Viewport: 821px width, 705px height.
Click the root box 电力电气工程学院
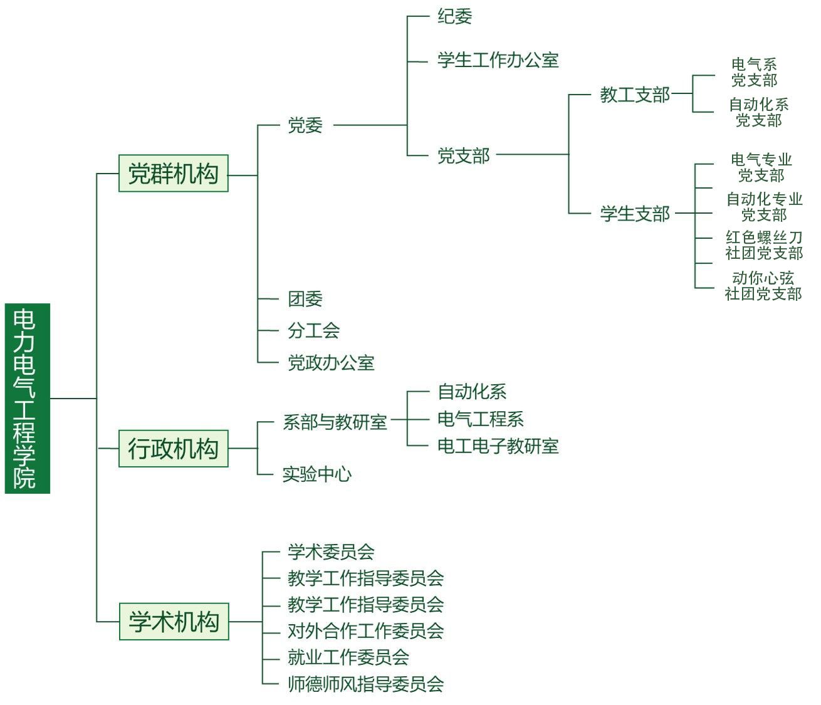click(27, 398)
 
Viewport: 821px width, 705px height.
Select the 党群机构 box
click(173, 174)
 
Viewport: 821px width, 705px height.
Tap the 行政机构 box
click(173, 449)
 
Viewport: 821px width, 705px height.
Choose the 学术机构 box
click(174, 622)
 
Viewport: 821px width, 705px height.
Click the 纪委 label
click(454, 17)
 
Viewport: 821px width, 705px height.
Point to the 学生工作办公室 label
click(498, 61)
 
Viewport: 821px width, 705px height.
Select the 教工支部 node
click(635, 95)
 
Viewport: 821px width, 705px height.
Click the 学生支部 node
click(635, 214)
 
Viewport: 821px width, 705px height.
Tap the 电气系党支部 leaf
click(754, 72)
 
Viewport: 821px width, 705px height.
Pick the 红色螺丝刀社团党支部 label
click(764, 245)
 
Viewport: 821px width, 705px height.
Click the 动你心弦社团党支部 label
click(763, 286)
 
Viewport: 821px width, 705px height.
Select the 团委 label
click(305, 299)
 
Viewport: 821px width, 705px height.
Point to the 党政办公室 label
click(331, 363)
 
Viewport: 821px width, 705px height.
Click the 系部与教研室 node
click(335, 422)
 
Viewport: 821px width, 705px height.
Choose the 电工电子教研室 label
click(498, 446)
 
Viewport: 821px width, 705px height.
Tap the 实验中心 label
click(316, 474)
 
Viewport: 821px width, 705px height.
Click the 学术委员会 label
click(331, 552)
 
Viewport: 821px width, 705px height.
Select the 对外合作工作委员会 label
click(365, 631)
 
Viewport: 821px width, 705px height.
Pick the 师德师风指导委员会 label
click(365, 684)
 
